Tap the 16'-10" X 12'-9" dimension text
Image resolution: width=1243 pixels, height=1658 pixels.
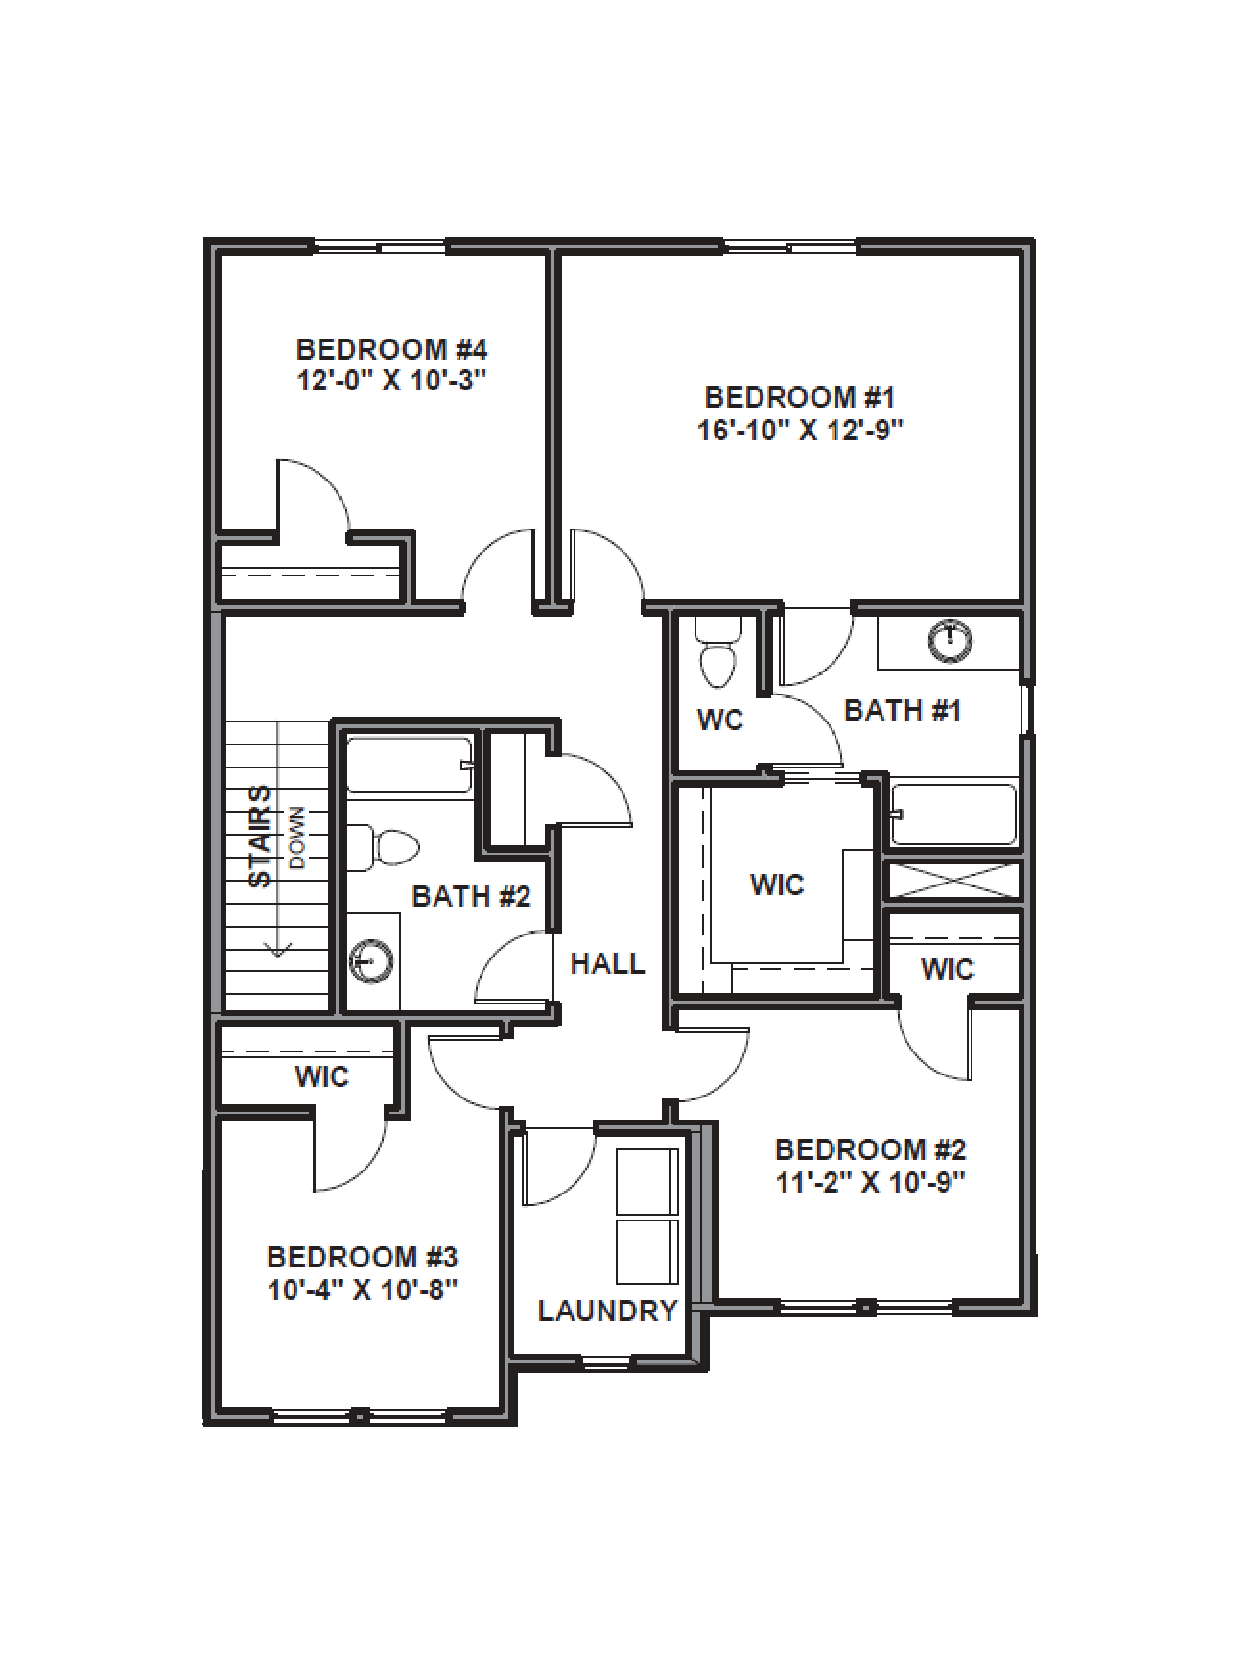(800, 430)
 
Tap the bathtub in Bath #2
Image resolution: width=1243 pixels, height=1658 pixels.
(409, 764)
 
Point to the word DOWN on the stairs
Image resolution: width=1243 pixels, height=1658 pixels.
(297, 837)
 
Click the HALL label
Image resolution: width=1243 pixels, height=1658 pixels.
(608, 963)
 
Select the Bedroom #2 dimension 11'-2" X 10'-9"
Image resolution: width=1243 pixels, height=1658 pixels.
(870, 1182)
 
